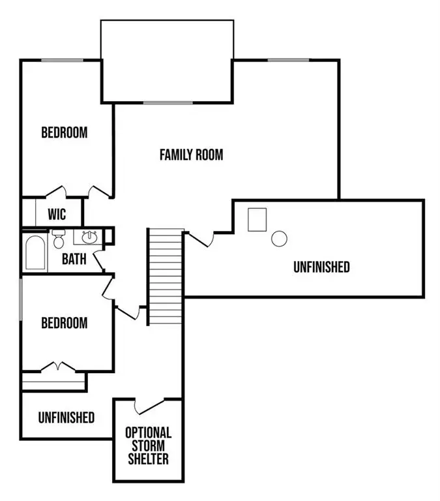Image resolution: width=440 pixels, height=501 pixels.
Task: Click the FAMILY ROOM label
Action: click(x=191, y=155)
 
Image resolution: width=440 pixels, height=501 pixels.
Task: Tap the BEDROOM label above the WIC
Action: click(x=64, y=132)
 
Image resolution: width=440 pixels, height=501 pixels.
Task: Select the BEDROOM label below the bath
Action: click(x=64, y=323)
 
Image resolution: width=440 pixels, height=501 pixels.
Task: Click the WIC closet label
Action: click(x=57, y=214)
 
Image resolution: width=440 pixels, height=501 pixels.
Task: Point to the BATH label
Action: click(x=74, y=259)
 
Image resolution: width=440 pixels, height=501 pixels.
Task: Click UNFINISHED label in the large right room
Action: click(x=321, y=267)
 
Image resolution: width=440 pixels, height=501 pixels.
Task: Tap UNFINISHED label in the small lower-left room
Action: click(x=66, y=417)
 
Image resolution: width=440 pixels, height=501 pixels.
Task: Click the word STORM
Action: click(x=148, y=446)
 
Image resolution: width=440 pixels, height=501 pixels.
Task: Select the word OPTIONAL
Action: click(x=148, y=433)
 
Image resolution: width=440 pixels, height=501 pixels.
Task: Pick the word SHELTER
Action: click(x=148, y=459)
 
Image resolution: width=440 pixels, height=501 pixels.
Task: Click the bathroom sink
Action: click(x=88, y=237)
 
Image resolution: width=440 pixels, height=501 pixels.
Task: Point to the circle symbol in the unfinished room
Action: click(x=279, y=239)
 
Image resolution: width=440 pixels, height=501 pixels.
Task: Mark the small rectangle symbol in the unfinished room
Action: click(x=257, y=219)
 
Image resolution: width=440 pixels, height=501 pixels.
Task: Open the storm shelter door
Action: click(x=149, y=406)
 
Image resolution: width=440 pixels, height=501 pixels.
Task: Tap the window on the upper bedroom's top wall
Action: click(x=62, y=61)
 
